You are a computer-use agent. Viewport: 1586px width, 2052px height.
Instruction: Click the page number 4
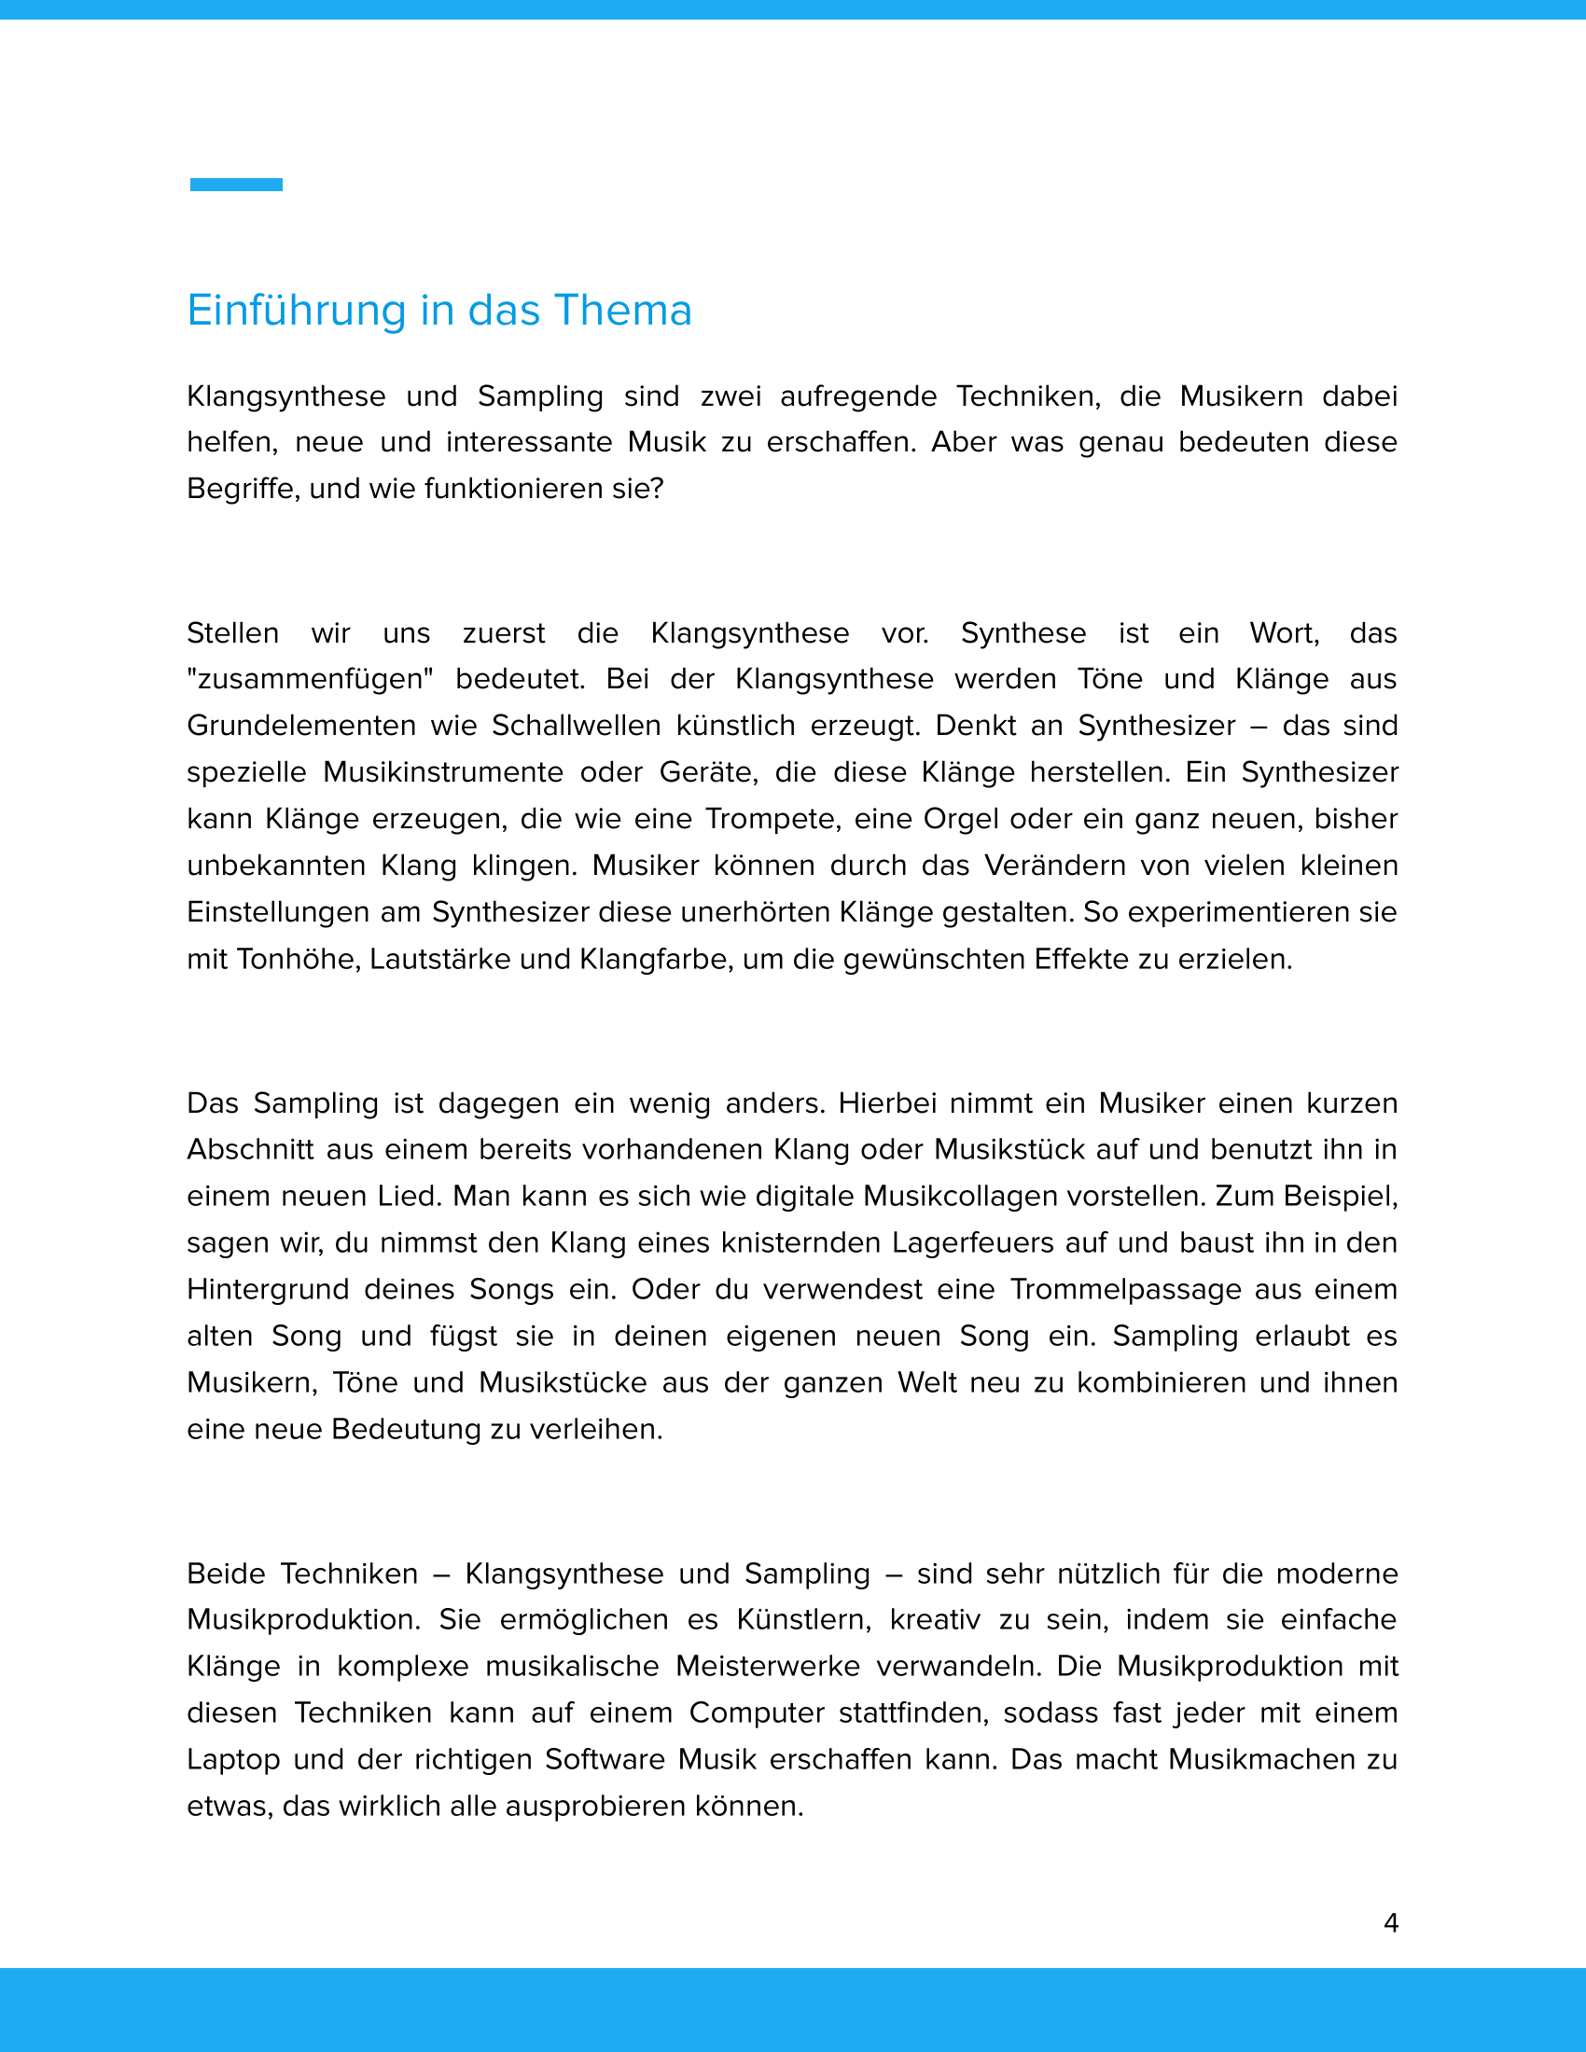pyautogui.click(x=1391, y=1923)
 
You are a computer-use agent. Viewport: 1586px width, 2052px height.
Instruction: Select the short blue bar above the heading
pyautogui.click(x=236, y=184)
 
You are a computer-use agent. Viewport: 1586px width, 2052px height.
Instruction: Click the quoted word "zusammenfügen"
pyautogui.click(x=310, y=678)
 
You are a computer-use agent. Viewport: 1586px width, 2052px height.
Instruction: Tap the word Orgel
pyautogui.click(x=961, y=818)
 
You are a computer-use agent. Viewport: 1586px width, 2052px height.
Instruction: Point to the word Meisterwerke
pyautogui.click(x=768, y=1666)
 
